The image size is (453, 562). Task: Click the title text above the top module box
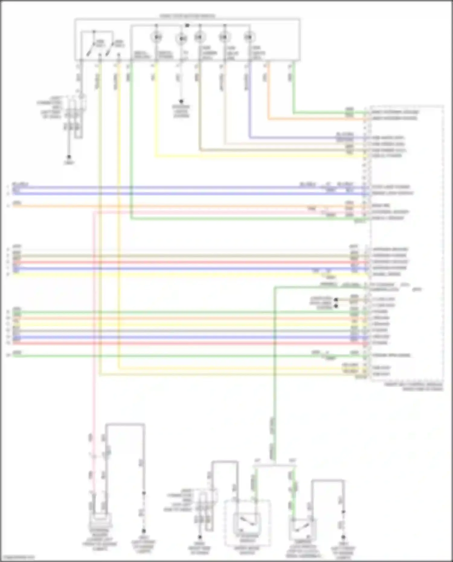(x=187, y=16)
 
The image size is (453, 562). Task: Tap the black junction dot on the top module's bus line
(x=187, y=25)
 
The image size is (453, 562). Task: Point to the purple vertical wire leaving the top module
(x=249, y=100)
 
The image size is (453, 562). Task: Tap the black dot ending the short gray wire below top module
(x=181, y=101)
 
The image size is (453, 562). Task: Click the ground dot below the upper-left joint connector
(x=69, y=157)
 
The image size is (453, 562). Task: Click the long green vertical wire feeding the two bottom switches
(x=275, y=393)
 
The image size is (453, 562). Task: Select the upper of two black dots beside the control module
(x=336, y=300)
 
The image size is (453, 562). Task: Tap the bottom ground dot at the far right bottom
(x=343, y=538)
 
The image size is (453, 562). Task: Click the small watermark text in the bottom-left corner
(x=18, y=557)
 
